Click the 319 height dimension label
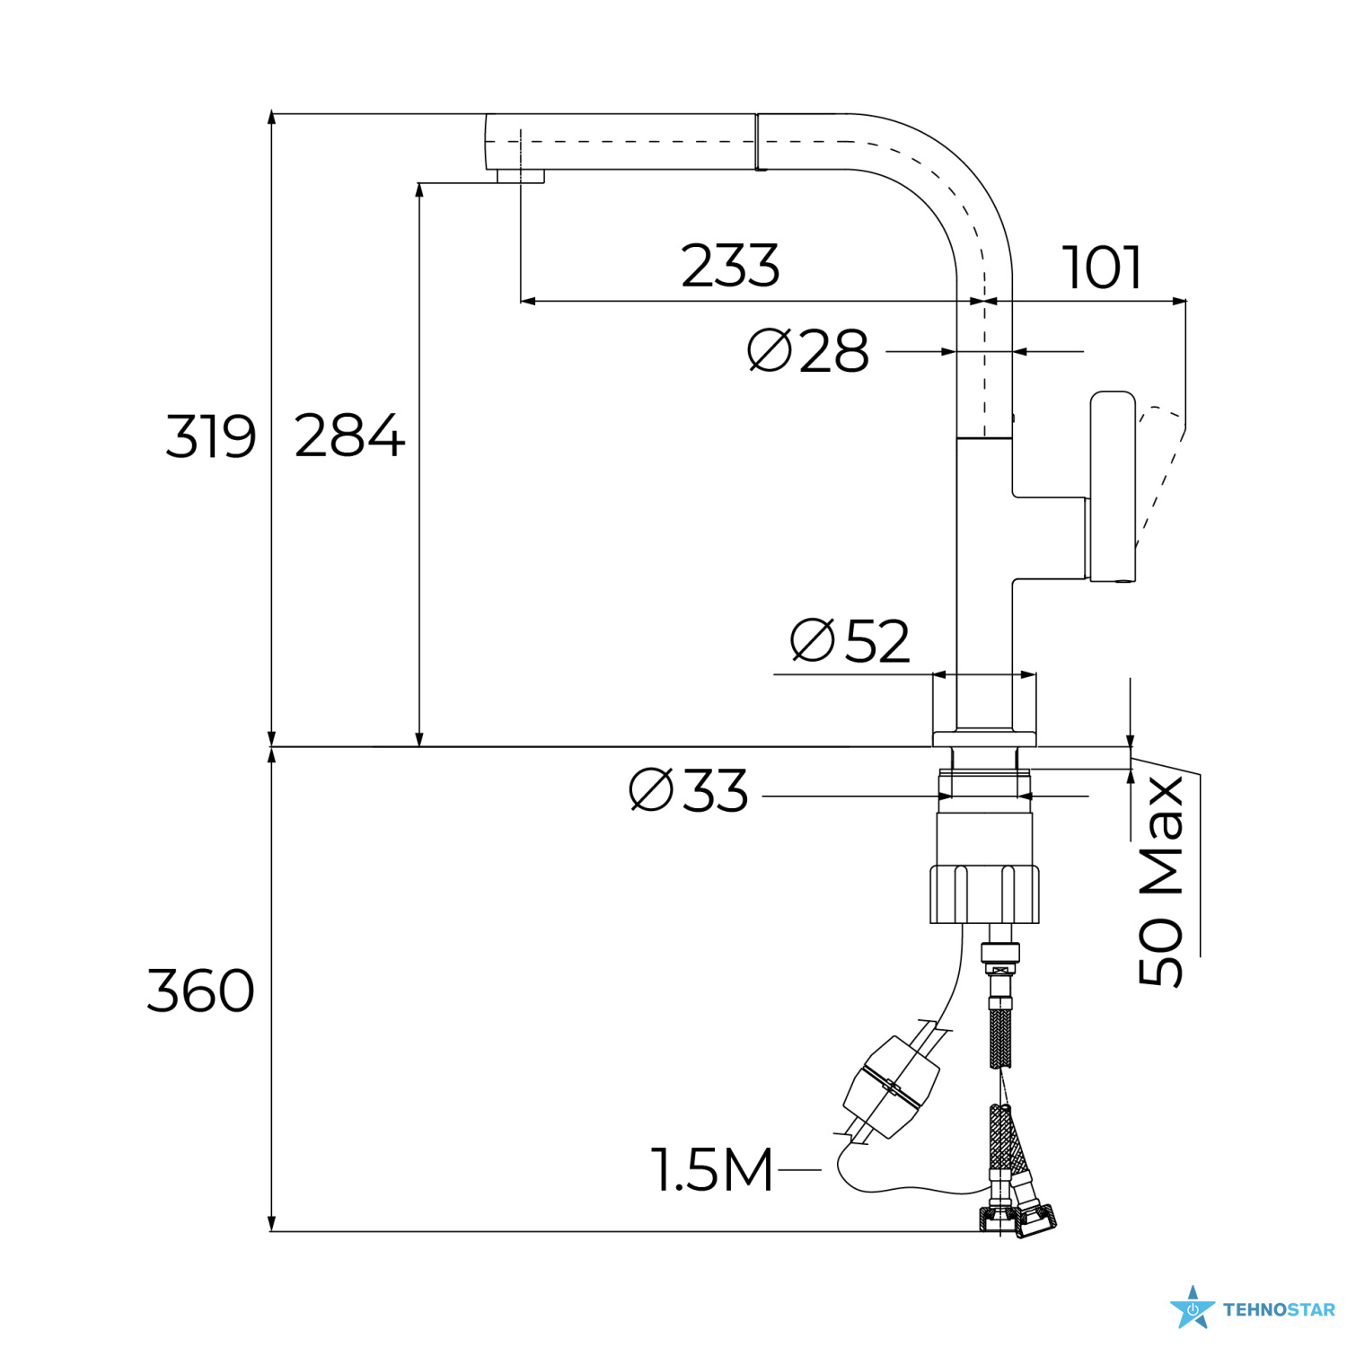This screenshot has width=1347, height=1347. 211,437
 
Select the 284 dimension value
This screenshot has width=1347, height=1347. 349,436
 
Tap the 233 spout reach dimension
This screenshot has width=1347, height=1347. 730,266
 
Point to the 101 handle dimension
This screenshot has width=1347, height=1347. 1102,268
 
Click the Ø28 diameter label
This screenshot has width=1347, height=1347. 808,350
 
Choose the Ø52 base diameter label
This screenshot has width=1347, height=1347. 850,640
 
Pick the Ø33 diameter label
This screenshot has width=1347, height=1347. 689,790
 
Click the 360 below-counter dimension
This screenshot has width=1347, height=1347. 201,991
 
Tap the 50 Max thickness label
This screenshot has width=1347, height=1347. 1161,881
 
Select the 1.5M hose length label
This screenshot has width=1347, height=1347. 712,1170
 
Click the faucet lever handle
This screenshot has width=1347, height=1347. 1113,486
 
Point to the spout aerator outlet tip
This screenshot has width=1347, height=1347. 521,176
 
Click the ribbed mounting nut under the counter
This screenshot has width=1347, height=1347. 984,894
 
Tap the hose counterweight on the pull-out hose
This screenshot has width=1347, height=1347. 892,1086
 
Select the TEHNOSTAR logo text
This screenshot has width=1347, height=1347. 1279,1310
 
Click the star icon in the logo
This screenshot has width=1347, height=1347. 1192,1307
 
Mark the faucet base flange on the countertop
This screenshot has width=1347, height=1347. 984,739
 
